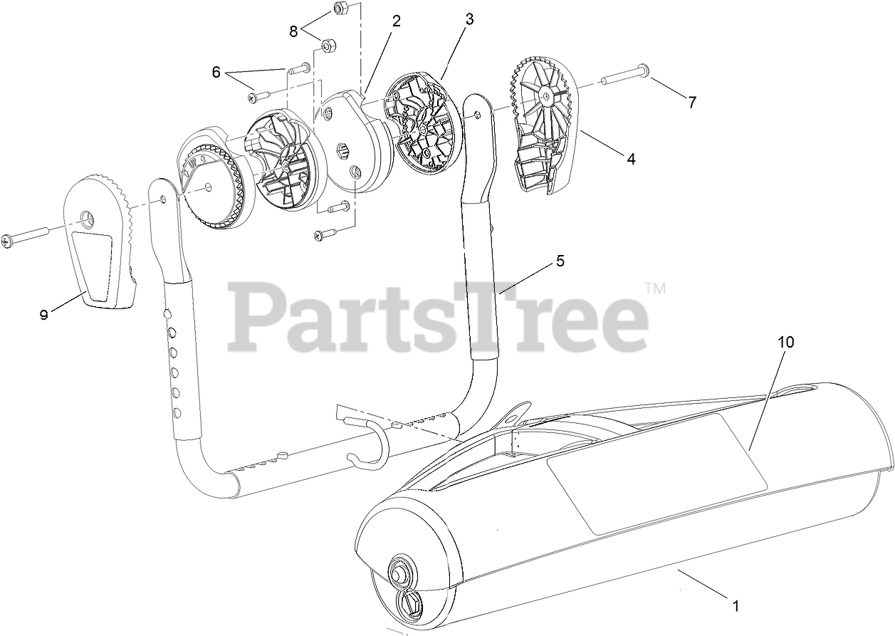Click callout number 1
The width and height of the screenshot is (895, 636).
(x=736, y=607)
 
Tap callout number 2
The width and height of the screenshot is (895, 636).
(x=397, y=21)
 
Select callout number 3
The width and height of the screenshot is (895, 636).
(x=469, y=19)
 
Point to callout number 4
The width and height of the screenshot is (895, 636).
(x=631, y=159)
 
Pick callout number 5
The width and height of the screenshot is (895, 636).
(x=560, y=261)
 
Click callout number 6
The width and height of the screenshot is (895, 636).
(x=217, y=72)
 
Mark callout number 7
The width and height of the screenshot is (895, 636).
(x=691, y=102)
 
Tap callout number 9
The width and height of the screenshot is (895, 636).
(x=44, y=314)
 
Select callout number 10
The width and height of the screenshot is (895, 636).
(x=786, y=342)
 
